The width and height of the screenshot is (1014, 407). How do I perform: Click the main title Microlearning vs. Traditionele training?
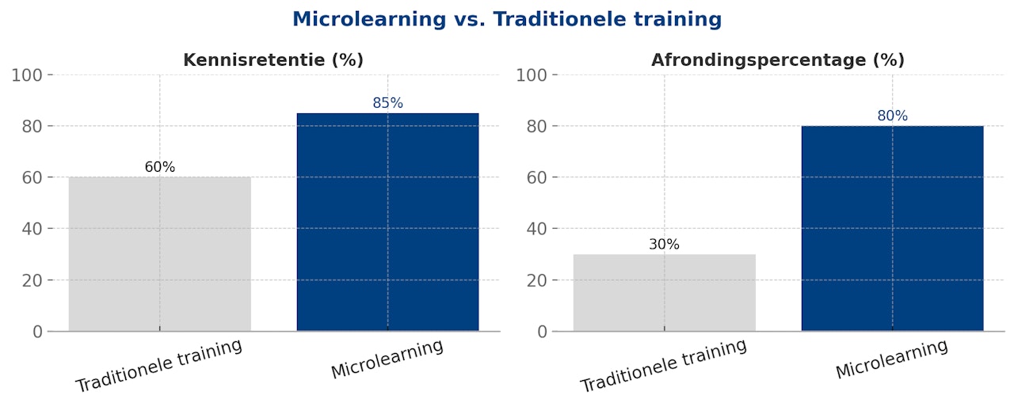(507, 20)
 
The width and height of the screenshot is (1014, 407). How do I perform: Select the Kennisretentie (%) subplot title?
(273, 60)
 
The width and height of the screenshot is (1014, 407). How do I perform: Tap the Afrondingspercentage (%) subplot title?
(778, 60)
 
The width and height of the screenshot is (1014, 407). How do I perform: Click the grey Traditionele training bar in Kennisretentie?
(160, 253)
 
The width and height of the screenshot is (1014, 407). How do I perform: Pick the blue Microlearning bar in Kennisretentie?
(387, 222)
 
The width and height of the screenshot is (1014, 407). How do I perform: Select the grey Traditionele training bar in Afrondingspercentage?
(665, 292)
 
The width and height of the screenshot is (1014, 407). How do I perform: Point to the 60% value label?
(160, 167)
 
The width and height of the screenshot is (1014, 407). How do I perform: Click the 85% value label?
(387, 103)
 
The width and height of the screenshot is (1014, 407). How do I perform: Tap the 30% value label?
(665, 245)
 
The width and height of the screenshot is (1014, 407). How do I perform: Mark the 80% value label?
(892, 116)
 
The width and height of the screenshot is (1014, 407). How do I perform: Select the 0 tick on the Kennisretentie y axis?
(38, 332)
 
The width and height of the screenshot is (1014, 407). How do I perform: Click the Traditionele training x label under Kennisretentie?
(158, 366)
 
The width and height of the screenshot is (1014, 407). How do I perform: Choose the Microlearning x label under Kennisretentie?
(387, 359)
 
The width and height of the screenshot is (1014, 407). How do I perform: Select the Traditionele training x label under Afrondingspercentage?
(663, 366)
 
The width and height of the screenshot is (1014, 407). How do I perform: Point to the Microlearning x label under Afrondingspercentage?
(891, 359)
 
